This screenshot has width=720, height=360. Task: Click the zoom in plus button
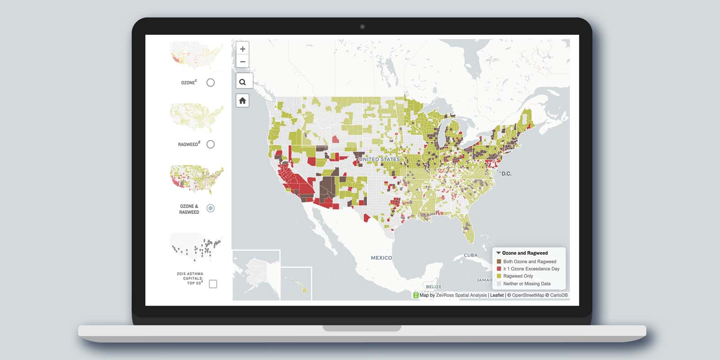point(242,49)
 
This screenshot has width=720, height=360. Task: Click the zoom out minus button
point(242,62)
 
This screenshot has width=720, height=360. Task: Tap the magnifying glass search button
point(242,82)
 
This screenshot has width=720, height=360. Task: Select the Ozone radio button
point(210,82)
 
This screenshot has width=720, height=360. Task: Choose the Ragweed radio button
point(210,144)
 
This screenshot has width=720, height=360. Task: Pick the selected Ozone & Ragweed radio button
point(210,208)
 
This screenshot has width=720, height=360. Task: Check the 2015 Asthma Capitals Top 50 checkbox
point(213,284)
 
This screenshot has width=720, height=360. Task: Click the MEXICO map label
point(381,258)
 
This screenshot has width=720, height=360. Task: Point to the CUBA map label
point(471,255)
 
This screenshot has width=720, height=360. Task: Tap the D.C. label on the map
point(506,174)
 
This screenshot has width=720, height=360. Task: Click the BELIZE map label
point(434,287)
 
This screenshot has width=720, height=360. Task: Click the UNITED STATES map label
point(379,159)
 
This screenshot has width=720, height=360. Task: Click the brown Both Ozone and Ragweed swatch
point(499,262)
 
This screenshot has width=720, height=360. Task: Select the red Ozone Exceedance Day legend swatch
point(499,269)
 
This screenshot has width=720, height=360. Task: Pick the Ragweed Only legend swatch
point(499,276)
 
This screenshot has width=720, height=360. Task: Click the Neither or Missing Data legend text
point(527,284)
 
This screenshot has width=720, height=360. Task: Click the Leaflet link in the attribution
point(497,295)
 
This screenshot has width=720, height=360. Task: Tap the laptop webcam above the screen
point(362,27)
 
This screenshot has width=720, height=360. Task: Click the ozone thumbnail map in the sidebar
point(196,54)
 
